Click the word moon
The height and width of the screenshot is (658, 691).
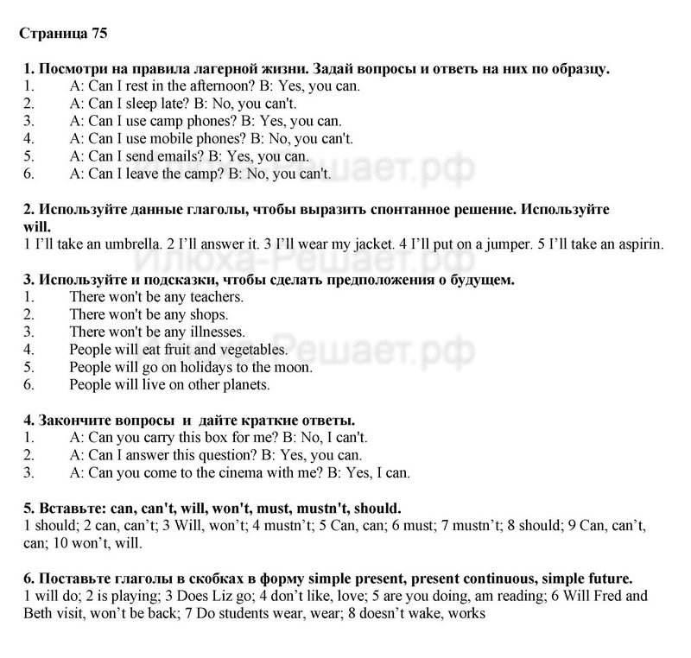pyautogui.click(x=294, y=367)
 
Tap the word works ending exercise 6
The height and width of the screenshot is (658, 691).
pyautogui.click(x=467, y=613)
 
